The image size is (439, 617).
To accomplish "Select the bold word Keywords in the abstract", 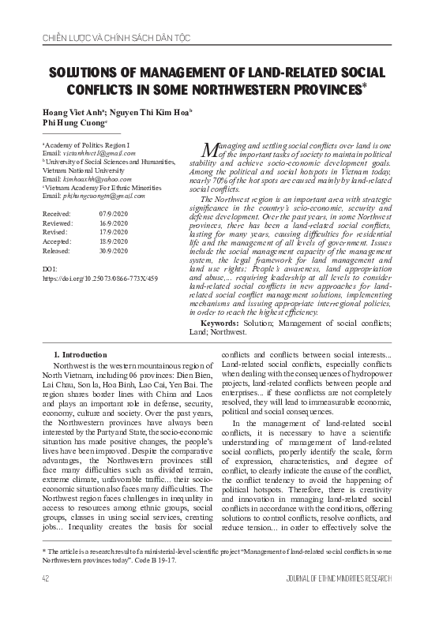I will point(224,324).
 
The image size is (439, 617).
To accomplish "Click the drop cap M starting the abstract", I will point(208,151).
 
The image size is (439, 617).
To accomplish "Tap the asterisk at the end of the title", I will point(366,88).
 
